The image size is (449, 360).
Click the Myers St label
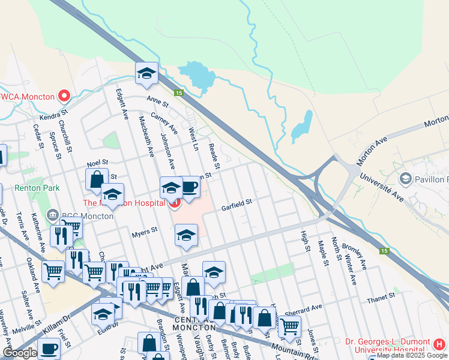tap(144, 229)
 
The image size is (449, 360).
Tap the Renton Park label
tap(38, 188)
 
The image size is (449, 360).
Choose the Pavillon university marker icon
tap(406, 179)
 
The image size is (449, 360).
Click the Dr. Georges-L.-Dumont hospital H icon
tap(439, 344)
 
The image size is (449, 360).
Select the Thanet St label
tap(381, 295)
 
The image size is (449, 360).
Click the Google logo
tap(20, 353)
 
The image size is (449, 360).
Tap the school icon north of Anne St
tap(146, 73)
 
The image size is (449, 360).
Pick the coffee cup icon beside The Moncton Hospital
tap(189, 187)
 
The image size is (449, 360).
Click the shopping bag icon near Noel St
tap(97, 179)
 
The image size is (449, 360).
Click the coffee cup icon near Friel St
tap(49, 349)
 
